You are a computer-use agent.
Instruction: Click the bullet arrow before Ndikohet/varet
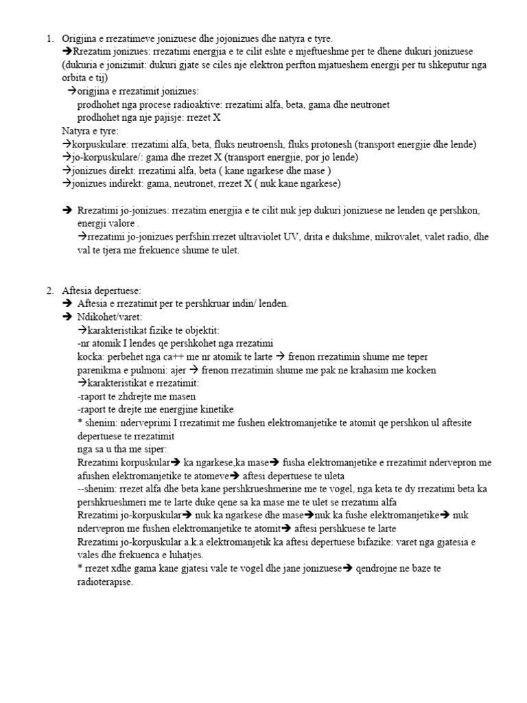coord(67,318)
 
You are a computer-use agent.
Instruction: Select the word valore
coord(124,223)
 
